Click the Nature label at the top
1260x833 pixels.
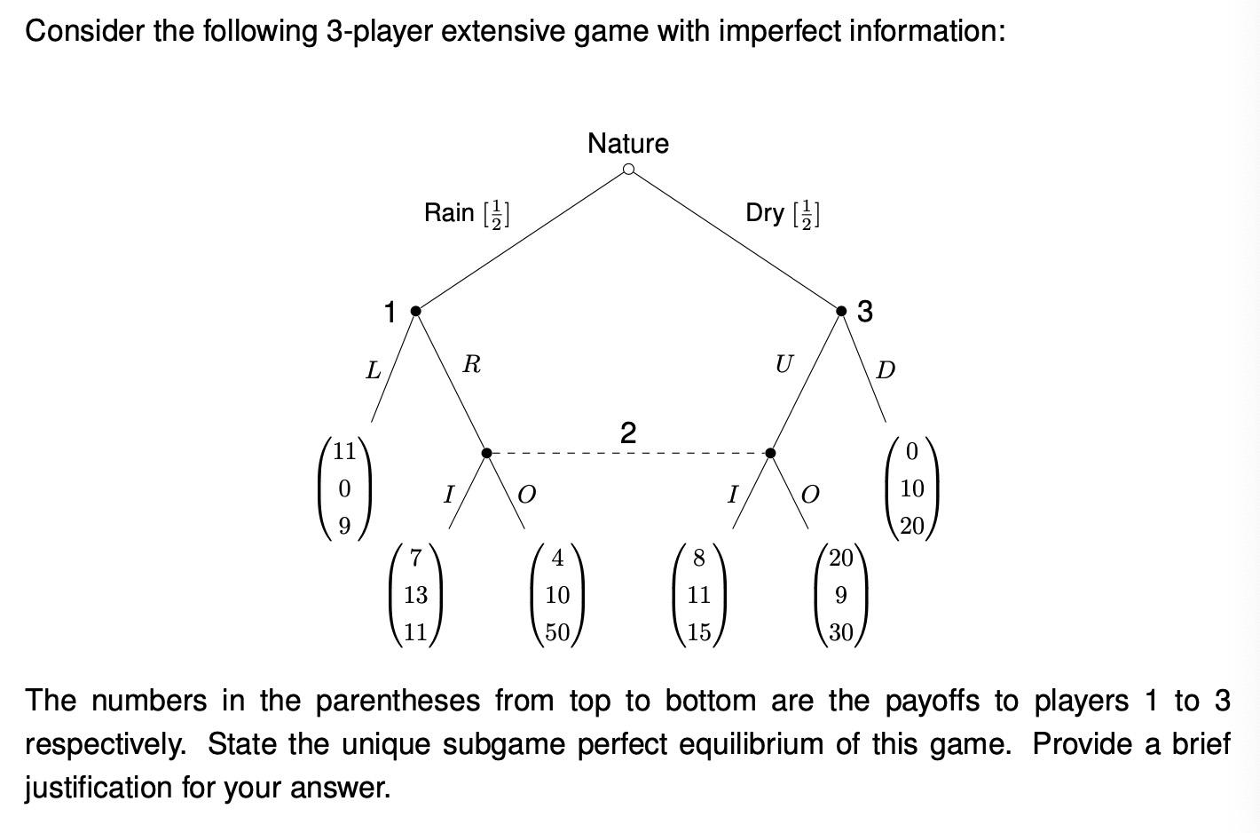click(627, 143)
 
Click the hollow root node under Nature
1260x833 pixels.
click(628, 170)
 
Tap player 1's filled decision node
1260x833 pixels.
click(415, 311)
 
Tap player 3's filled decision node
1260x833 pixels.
click(841, 311)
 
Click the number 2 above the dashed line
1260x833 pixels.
click(628, 433)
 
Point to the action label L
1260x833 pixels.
click(374, 369)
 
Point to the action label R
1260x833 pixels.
click(472, 364)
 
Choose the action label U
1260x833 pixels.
click(784, 364)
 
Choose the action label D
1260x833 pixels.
click(886, 369)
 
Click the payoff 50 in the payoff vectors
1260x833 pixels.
click(557, 632)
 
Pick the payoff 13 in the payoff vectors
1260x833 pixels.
click(415, 595)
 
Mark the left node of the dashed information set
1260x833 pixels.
click(486, 453)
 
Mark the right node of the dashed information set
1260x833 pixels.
click(770, 453)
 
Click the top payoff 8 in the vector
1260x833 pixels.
click(699, 558)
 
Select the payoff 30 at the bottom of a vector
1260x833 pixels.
click(841, 632)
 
